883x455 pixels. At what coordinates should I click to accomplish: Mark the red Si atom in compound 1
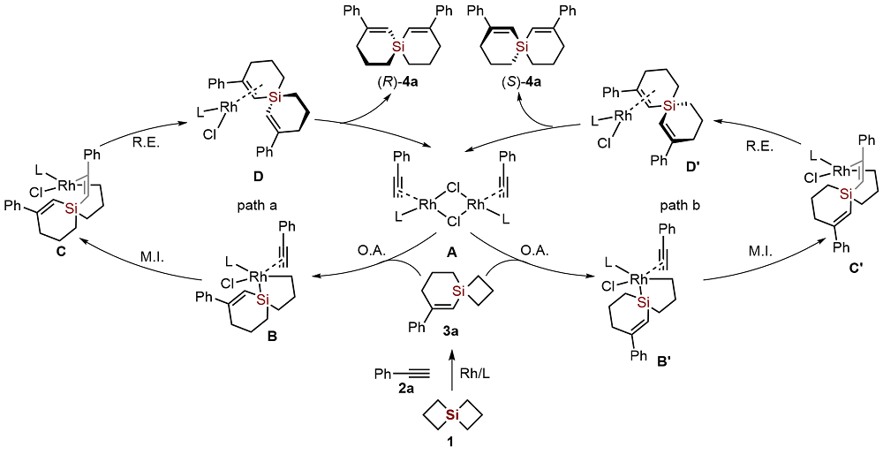[451, 413]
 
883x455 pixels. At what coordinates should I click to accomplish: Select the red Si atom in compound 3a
[457, 288]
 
